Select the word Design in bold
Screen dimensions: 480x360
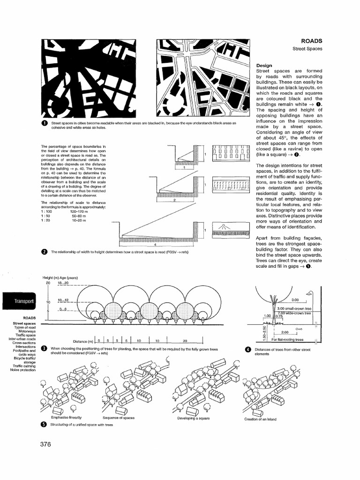click(x=264, y=65)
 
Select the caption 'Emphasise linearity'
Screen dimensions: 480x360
click(x=67, y=417)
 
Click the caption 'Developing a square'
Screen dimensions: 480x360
click(x=194, y=418)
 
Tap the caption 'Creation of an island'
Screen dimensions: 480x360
click(x=261, y=419)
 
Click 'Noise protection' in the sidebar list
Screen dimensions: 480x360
click(x=23, y=370)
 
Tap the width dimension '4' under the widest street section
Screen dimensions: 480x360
click(x=155, y=245)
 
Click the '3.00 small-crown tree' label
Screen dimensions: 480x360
click(x=294, y=309)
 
